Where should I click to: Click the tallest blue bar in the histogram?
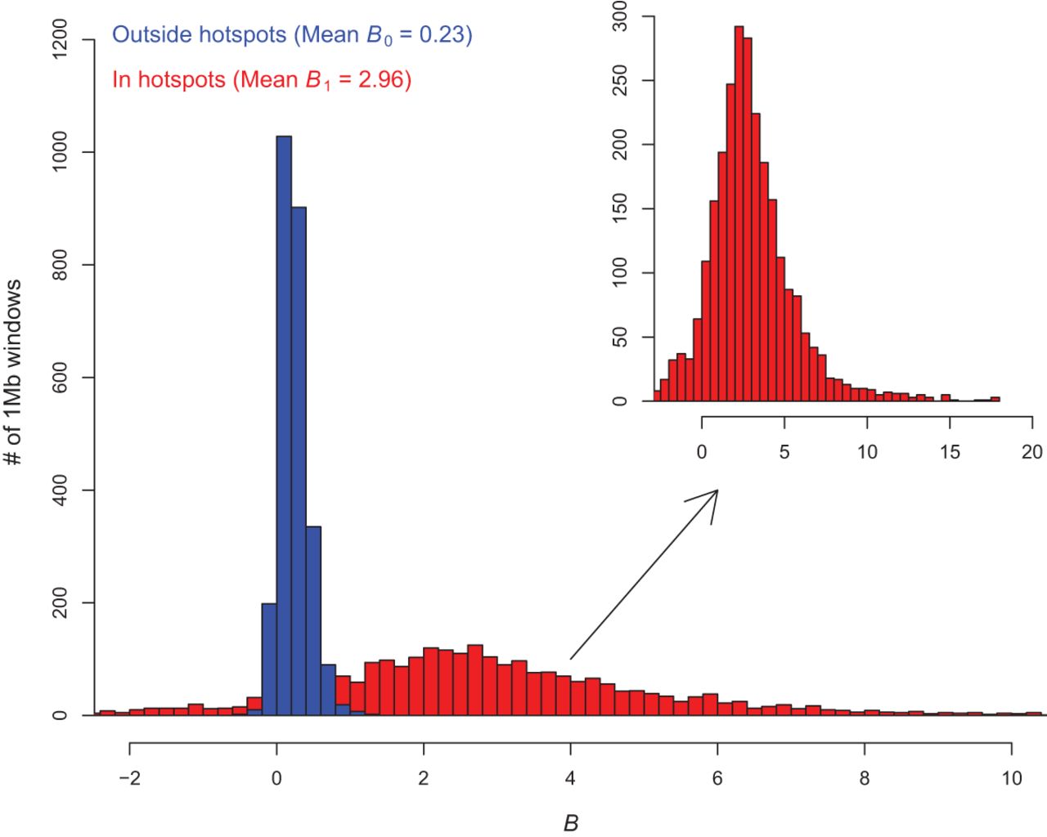284,425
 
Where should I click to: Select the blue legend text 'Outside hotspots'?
199,35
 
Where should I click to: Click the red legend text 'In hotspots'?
169,80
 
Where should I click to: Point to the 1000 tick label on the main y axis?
61,152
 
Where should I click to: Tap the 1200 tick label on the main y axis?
61,39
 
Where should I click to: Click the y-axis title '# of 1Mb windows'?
14,373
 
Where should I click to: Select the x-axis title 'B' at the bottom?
571,823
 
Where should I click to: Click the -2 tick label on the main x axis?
129,778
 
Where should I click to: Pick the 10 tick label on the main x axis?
1012,778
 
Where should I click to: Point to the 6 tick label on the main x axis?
717,778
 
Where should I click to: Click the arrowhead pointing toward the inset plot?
708,499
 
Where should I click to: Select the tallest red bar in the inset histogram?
739,213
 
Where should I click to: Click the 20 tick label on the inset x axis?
1032,452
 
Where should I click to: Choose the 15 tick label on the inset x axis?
950,452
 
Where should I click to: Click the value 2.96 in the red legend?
384,80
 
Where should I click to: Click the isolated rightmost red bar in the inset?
995,399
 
